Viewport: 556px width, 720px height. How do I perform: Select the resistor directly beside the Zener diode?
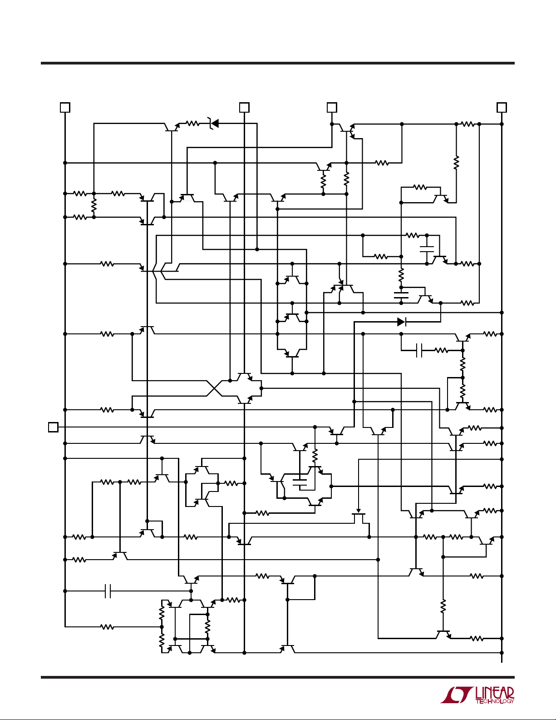click(x=192, y=123)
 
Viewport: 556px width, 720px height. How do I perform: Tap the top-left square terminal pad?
click(x=65, y=107)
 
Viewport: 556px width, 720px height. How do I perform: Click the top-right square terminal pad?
click(x=502, y=107)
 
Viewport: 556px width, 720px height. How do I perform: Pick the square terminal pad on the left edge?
click(x=53, y=427)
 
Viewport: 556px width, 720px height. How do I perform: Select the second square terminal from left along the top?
click(x=244, y=107)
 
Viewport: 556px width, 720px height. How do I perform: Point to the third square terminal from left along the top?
click(x=332, y=107)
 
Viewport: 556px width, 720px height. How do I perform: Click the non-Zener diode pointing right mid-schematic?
click(x=401, y=322)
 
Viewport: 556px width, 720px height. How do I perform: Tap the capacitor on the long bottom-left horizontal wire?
click(x=108, y=591)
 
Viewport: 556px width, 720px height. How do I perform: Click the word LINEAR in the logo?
click(x=495, y=693)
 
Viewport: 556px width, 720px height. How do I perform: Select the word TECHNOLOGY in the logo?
click(x=495, y=701)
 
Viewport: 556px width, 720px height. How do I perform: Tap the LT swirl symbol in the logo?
click(x=456, y=695)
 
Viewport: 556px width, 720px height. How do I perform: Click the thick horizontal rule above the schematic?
click(x=278, y=63)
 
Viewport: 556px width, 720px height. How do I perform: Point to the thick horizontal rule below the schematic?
click(x=278, y=677)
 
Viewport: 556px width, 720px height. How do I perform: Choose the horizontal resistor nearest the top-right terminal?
click(x=468, y=124)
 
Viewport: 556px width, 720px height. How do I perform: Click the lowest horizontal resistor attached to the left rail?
click(x=107, y=627)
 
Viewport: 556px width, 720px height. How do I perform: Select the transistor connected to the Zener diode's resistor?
click(x=172, y=128)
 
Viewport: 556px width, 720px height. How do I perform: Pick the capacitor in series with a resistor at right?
click(x=419, y=350)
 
